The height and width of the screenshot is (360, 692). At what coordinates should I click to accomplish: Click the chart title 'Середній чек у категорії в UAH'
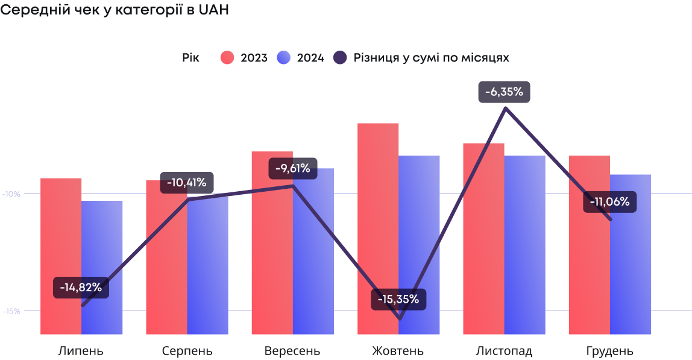[x=115, y=10]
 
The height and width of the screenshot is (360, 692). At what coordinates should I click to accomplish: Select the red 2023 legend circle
[x=227, y=58]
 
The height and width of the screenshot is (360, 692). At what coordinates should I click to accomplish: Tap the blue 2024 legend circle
[x=283, y=58]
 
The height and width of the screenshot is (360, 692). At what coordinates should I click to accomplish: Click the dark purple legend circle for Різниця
[x=340, y=58]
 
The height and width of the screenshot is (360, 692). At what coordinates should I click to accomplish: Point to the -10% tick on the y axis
[x=11, y=194]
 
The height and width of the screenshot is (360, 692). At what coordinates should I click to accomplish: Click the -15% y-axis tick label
[x=11, y=311]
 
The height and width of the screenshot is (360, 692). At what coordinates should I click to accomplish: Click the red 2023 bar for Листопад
[x=483, y=238]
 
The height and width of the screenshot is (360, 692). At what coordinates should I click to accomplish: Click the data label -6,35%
[x=504, y=92]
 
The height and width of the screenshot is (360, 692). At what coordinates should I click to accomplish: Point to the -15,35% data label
[x=398, y=299]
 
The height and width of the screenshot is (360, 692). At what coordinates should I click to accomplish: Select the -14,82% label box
[x=81, y=288]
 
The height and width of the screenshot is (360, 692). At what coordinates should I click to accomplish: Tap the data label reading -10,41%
[x=187, y=182]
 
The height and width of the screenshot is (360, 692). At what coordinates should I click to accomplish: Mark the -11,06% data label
[x=609, y=202]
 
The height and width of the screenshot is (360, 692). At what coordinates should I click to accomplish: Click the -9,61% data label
[x=293, y=168]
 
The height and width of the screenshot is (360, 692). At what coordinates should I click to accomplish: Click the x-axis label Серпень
[x=187, y=351]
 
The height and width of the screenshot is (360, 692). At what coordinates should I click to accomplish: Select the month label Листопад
[x=504, y=351]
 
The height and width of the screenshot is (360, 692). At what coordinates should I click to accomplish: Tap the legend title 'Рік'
[x=190, y=58]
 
